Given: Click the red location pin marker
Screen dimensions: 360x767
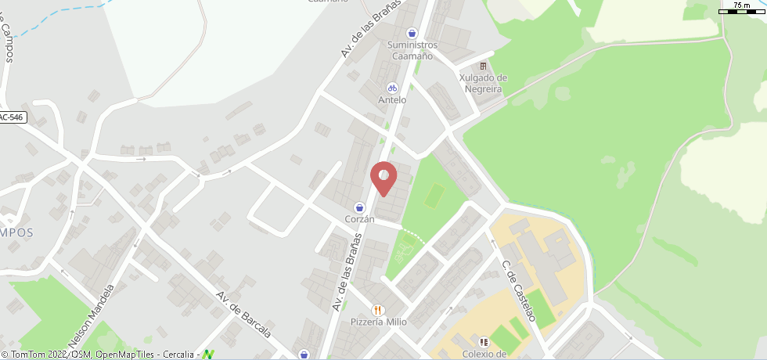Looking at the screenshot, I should [383, 178].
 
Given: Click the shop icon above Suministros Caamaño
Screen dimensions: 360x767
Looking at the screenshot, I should [412, 33].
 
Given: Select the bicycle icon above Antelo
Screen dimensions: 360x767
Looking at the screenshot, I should [392, 88].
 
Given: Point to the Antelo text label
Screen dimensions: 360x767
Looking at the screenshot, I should [392, 100].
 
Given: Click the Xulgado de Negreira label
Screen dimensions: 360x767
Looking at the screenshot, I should [483, 84].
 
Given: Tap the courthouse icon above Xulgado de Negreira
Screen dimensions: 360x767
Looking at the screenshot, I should [483, 67].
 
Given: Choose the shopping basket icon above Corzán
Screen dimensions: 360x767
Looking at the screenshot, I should [359, 207].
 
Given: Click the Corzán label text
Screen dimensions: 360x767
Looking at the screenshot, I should [360, 220].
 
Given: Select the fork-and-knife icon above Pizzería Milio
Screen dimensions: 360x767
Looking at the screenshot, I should [379, 310].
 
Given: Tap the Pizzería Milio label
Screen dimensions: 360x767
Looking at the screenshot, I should [379, 322].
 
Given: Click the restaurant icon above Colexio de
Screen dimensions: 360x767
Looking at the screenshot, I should [483, 342].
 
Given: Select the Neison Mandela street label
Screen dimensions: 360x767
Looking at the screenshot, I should [92, 315].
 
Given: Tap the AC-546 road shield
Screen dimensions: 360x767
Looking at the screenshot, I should [12, 117].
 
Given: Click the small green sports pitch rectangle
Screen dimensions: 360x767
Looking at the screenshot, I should [434, 196].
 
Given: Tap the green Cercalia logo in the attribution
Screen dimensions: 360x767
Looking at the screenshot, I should [208, 355].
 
